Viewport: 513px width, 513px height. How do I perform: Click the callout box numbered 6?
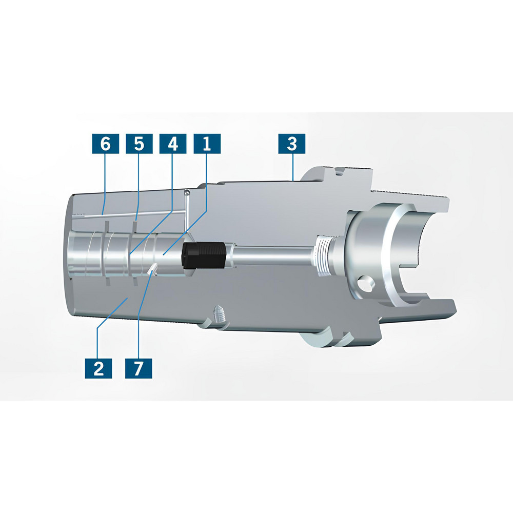coord(105,144)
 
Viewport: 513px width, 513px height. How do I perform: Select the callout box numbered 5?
coord(139,144)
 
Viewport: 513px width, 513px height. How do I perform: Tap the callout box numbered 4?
coord(173,144)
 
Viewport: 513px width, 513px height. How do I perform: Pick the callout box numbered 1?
coord(207,144)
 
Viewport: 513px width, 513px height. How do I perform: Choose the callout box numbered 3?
coord(291,144)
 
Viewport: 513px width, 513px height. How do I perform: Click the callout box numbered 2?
coord(99,368)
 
